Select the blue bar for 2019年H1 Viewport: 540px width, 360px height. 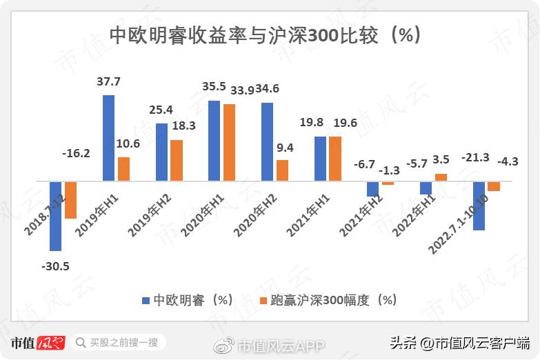pyautogui.click(x=108, y=138)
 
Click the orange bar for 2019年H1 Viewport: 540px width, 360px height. pyautogui.click(x=123, y=169)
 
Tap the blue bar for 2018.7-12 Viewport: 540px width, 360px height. pyautogui.click(x=56, y=216)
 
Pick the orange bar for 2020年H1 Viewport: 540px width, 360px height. pyautogui.click(x=229, y=143)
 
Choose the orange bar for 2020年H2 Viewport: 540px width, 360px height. pyautogui.click(x=282, y=170)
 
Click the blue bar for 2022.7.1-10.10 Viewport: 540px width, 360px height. pyautogui.click(x=479, y=206)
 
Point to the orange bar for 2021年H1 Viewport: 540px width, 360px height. pyautogui.click(x=335, y=159)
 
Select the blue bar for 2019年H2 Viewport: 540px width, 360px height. pyautogui.click(x=161, y=152)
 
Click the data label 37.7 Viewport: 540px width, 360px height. pyautogui.click(x=108, y=82)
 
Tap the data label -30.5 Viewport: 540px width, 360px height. pyautogui.click(x=55, y=266)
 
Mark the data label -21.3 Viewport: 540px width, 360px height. pyautogui.click(x=475, y=158)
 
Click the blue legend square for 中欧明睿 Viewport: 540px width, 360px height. pyautogui.click(x=146, y=301)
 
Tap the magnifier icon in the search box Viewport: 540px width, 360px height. pyautogui.click(x=81, y=343)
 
